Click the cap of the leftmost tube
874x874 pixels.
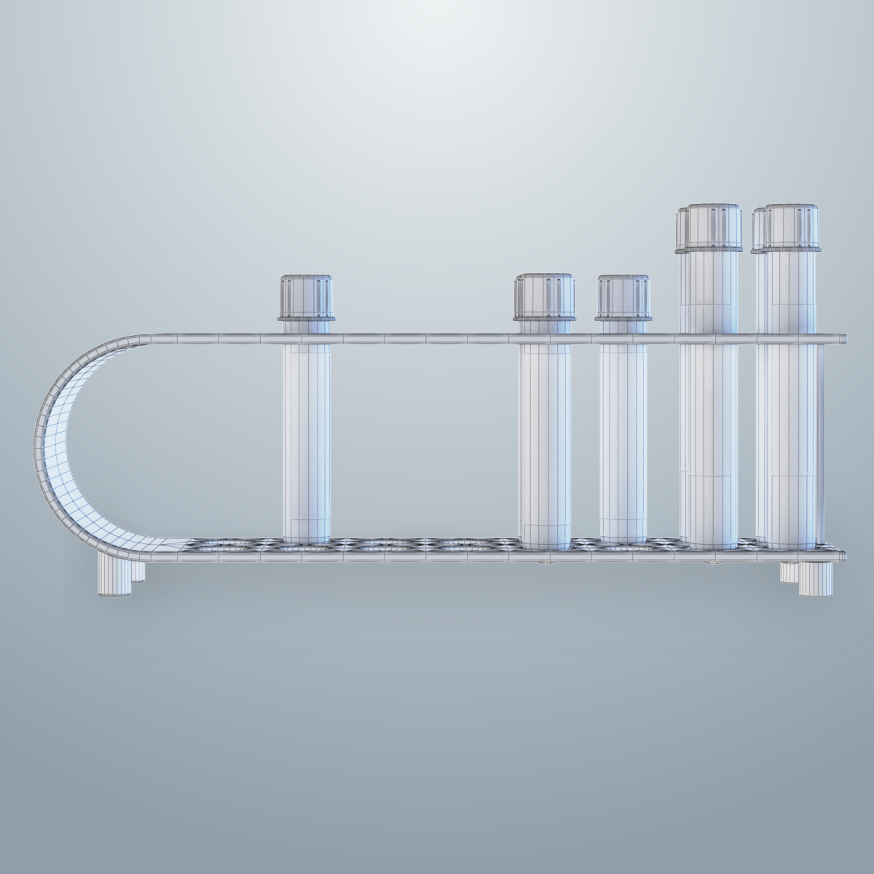pos(306,294)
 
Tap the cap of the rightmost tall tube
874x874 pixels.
pos(792,227)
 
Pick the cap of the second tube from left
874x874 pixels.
pos(546,294)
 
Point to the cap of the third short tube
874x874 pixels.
pos(623,294)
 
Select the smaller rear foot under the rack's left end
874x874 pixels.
pos(138,572)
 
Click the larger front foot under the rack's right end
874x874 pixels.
pos(815,579)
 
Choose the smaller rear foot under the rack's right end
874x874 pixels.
pos(788,572)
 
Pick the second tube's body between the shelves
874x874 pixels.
pos(544,437)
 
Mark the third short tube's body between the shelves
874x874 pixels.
pos(623,437)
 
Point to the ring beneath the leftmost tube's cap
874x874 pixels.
pos(306,318)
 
